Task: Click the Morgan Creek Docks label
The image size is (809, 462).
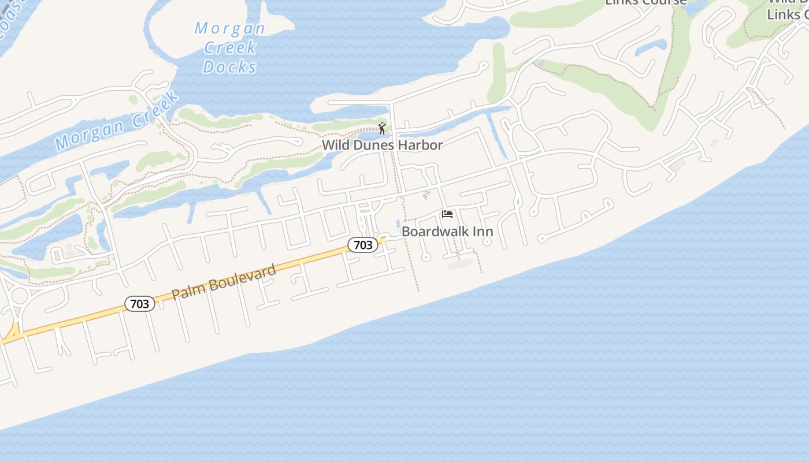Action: (230, 47)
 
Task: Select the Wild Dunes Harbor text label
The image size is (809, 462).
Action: (382, 145)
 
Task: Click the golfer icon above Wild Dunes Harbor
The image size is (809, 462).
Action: (381, 128)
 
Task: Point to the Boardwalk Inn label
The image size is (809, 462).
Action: (447, 232)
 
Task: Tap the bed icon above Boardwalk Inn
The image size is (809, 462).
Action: (447, 214)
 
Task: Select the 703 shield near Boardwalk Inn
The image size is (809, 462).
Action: (363, 245)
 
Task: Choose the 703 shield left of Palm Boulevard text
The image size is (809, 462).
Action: (140, 304)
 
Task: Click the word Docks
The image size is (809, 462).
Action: (230, 67)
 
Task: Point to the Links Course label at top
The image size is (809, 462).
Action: (646, 2)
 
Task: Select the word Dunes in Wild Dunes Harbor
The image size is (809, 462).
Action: (373, 145)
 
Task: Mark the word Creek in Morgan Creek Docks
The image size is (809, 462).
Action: (230, 47)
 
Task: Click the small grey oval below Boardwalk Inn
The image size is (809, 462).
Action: (461, 264)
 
